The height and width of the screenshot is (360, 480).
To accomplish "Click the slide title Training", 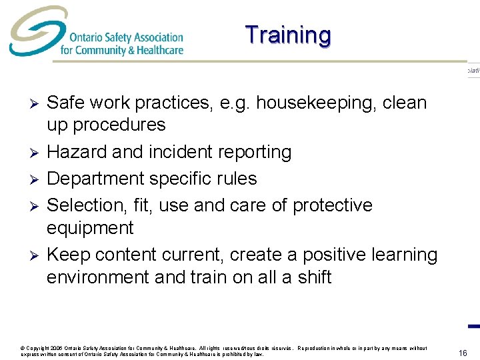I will [x=287, y=35].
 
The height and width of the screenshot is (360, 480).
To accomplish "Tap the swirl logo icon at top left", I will [x=32, y=32].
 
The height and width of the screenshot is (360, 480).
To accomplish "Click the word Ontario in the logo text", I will [x=86, y=37].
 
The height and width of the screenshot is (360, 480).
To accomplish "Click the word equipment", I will [x=90, y=228].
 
